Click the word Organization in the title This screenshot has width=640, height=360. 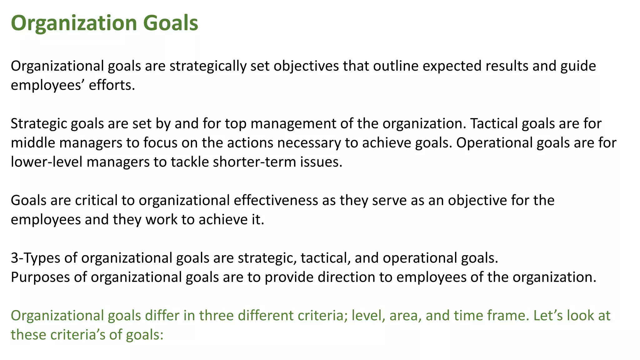[74, 23]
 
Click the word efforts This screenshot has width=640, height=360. [112, 85]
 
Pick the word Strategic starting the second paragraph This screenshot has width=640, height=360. [39, 124]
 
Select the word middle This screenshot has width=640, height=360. [33, 143]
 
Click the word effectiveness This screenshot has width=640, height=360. [276, 200]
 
